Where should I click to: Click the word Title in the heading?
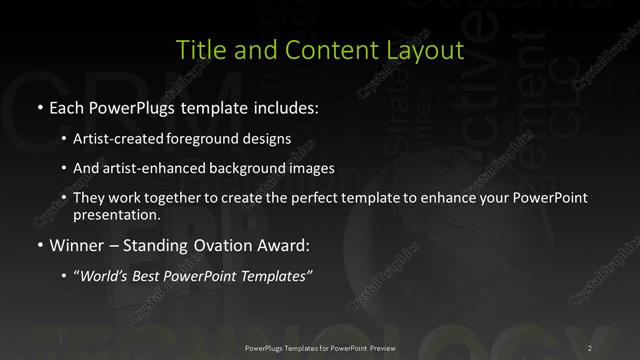[196, 49]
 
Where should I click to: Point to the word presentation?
[116, 214]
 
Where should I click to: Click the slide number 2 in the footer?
[591, 347]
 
